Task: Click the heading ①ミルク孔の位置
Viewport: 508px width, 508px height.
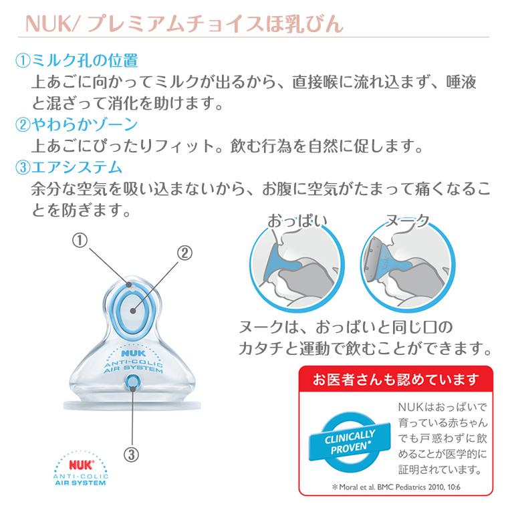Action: pos(76,61)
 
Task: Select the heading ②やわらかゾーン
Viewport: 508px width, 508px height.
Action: pos(76,124)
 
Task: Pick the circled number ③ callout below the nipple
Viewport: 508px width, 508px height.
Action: pos(132,454)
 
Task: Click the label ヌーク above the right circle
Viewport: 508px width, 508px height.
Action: pos(407,221)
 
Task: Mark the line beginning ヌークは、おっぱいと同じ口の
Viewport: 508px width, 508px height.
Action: pos(346,328)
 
